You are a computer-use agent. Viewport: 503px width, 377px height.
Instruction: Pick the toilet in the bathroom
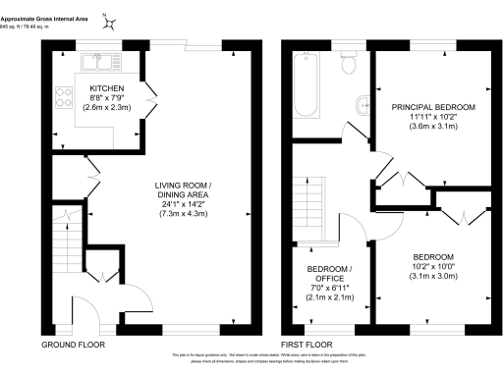click(x=349, y=65)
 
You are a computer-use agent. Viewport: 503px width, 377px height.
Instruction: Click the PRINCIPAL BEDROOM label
click(x=433, y=106)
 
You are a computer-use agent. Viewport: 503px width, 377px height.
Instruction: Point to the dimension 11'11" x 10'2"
click(x=433, y=117)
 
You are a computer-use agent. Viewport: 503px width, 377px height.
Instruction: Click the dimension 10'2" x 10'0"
click(x=434, y=264)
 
